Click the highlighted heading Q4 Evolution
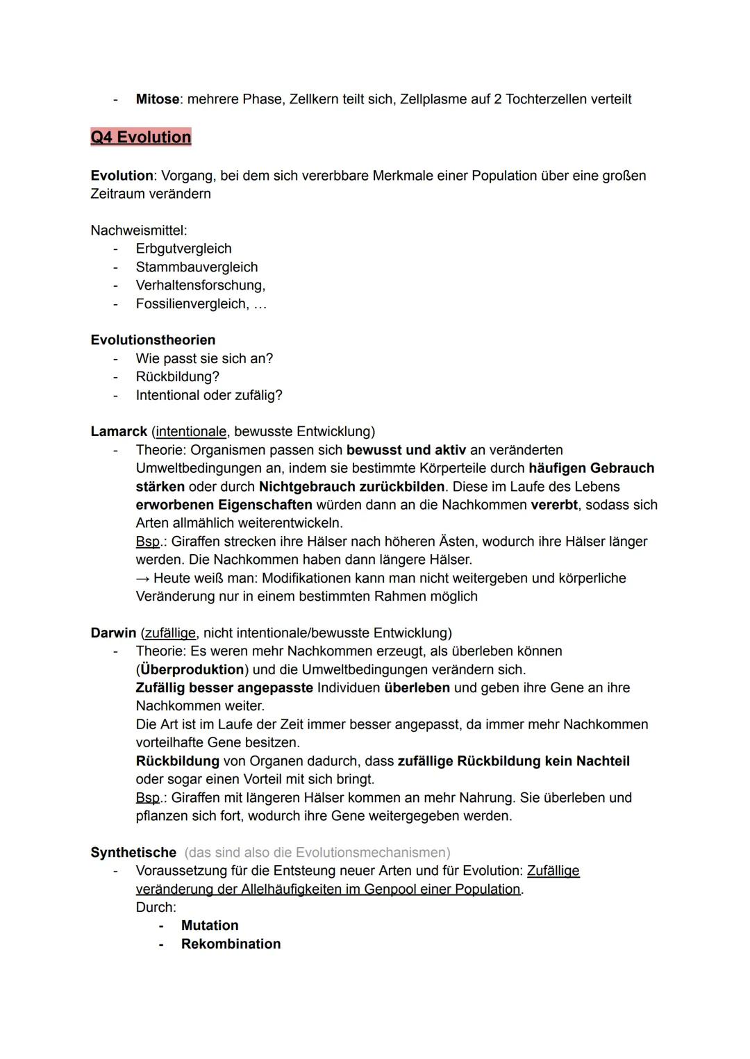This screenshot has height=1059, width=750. (140, 137)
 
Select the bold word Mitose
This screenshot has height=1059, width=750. (157, 99)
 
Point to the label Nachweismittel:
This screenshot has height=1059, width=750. (138, 230)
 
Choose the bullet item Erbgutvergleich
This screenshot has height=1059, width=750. (183, 249)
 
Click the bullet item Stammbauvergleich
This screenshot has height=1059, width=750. (197, 267)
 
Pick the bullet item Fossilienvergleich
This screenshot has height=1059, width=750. (192, 303)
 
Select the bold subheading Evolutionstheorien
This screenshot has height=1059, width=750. (153, 340)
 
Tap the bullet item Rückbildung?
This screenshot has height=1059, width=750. (177, 376)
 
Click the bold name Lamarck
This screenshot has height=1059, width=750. (119, 431)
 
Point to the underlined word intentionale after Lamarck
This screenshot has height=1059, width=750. (191, 431)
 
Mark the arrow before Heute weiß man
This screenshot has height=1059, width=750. (143, 578)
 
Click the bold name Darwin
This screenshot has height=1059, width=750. (113, 633)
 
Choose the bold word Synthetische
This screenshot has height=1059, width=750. (133, 852)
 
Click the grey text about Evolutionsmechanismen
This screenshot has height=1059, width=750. (317, 852)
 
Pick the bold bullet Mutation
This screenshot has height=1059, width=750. (209, 925)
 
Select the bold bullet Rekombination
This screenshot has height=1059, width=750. (231, 944)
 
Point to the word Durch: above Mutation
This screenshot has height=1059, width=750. (156, 907)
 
